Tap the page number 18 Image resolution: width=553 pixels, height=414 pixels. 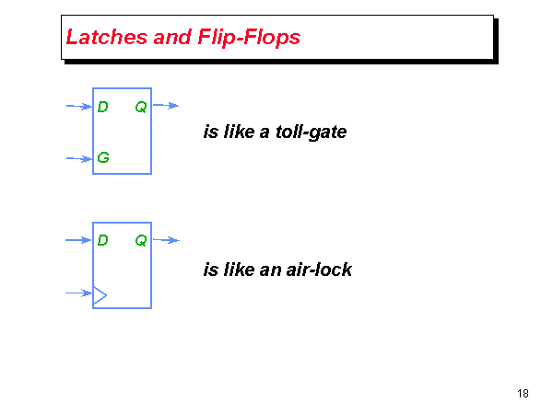click(523, 394)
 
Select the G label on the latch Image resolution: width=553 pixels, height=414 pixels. click(103, 158)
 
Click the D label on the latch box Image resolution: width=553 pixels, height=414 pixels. click(103, 107)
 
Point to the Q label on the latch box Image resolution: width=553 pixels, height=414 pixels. click(140, 107)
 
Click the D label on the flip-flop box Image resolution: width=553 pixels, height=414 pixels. click(103, 241)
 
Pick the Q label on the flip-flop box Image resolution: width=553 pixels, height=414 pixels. click(140, 241)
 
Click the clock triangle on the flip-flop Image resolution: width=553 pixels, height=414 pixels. click(100, 294)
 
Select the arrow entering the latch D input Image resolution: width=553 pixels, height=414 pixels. click(79, 107)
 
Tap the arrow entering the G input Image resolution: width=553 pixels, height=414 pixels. click(79, 158)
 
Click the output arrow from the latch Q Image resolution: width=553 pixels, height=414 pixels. click(165, 106)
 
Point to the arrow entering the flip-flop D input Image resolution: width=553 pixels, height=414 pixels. click(79, 240)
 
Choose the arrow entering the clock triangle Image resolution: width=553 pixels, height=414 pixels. click(79, 294)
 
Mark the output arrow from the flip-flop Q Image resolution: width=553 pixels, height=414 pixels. click(165, 240)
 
